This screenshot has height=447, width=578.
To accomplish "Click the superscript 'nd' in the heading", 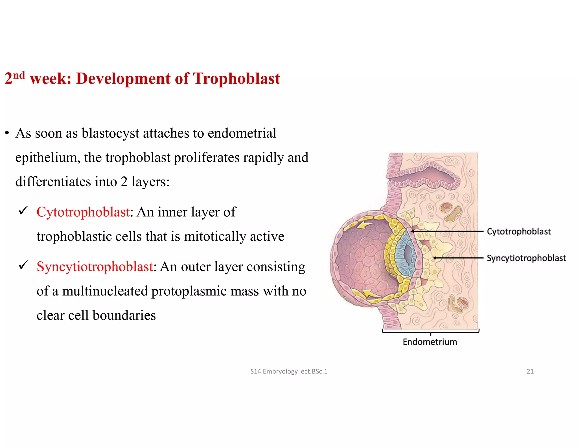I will coord(19,75).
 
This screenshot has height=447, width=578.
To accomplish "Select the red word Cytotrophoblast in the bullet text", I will coord(83,212).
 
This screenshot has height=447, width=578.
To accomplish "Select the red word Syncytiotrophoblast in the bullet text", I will coord(95,267).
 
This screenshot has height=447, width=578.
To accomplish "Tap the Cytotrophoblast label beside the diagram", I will coord(519,231).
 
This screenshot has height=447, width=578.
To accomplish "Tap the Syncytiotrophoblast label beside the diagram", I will coord(526,258).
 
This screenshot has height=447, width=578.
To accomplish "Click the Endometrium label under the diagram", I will coord(430,342).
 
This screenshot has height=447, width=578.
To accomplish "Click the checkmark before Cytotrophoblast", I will coord(23,211).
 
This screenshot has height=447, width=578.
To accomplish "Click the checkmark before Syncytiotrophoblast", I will coord(23,265).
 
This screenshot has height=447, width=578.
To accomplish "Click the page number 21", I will coord(530,371).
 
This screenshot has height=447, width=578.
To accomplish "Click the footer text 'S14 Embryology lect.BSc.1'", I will coord(289,371).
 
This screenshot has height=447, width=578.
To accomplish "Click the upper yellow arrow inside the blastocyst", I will coord(363,225).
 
